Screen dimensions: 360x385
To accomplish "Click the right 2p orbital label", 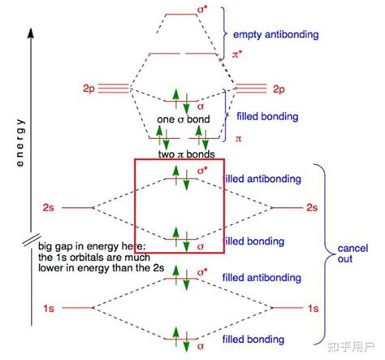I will [279, 86].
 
